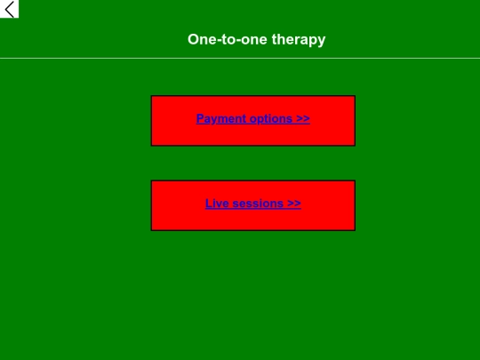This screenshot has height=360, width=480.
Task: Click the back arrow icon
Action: (10, 10)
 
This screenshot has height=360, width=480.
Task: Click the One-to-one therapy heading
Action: (256, 40)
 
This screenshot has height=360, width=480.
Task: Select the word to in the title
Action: (228, 40)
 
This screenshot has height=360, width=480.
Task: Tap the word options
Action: (271, 119)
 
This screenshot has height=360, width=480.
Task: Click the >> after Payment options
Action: (303, 119)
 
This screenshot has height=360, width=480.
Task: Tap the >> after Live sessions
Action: (294, 204)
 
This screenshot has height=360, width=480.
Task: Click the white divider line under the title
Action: (240, 59)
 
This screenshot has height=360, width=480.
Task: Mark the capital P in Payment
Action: (201, 119)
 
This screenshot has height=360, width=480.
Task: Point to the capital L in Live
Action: (209, 204)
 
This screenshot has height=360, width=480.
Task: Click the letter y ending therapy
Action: (322, 41)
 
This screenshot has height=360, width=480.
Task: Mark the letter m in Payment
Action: (222, 119)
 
